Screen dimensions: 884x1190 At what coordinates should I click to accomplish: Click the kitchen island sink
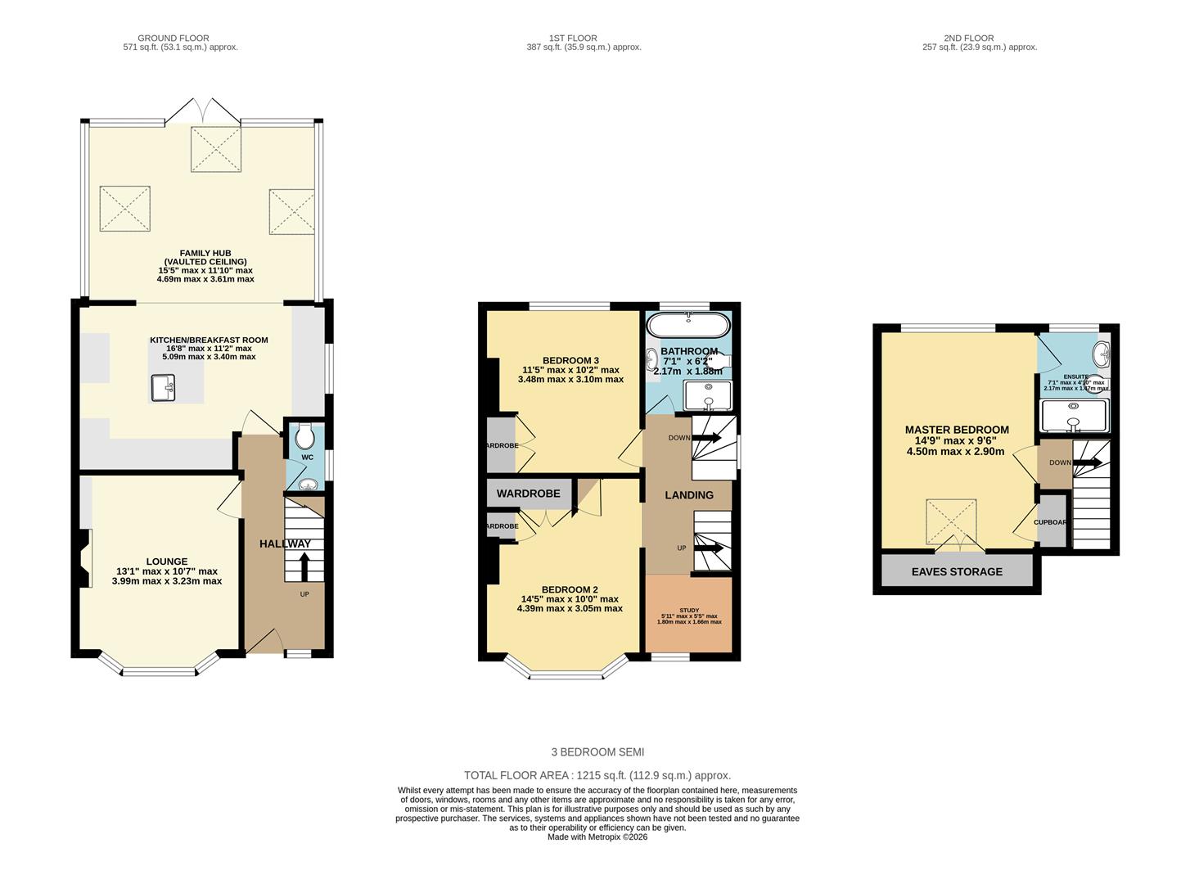tap(163, 388)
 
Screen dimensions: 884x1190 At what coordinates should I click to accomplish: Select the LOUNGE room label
tap(167, 562)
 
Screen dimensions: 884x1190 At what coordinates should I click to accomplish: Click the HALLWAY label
tap(285, 543)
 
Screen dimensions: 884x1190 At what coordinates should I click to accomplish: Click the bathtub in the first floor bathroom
tap(687, 326)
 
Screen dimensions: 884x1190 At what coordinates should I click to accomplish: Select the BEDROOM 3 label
tap(570, 360)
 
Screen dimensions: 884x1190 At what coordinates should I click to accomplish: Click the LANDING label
tap(689, 494)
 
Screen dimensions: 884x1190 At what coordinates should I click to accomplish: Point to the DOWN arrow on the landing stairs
tap(707, 438)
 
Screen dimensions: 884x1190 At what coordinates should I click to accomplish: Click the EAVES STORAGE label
tap(957, 571)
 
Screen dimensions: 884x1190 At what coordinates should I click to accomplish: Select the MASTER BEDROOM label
tap(957, 430)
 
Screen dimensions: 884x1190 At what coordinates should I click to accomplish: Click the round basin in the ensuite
tap(1102, 354)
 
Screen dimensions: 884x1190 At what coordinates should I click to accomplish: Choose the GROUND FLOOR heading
tap(173, 38)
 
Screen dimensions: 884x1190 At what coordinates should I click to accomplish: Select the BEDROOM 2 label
tap(570, 589)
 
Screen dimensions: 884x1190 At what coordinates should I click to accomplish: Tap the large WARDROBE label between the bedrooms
tap(529, 494)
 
